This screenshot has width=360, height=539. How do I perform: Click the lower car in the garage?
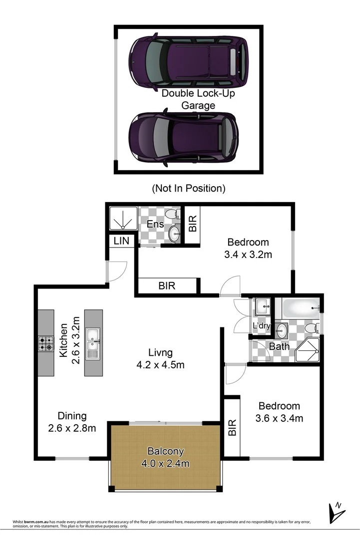(x=183, y=136)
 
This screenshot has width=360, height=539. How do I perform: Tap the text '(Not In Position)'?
(x=188, y=189)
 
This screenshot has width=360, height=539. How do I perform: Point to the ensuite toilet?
(x=171, y=215)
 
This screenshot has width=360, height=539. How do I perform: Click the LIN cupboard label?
(x=121, y=241)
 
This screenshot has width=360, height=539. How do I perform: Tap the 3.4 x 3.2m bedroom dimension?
(x=248, y=255)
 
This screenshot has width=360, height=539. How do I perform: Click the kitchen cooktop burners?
(x=46, y=342)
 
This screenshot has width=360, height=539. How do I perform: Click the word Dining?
(x=72, y=416)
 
